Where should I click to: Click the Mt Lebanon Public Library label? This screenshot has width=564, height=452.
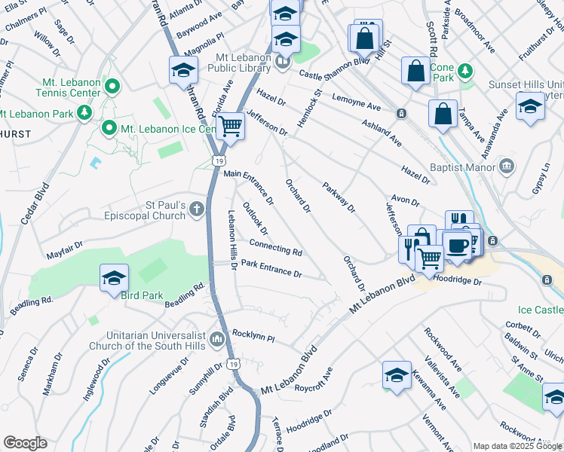click(x=244, y=63)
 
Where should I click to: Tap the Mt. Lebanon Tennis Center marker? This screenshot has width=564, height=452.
click(x=112, y=87)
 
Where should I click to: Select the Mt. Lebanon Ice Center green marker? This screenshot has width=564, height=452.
click(x=109, y=129)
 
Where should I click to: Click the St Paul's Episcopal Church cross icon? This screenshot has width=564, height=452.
click(x=197, y=209)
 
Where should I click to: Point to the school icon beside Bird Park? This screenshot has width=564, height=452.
click(x=114, y=277)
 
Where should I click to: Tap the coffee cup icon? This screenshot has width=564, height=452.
click(x=458, y=245)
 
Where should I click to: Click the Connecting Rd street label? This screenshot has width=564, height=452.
click(x=275, y=247)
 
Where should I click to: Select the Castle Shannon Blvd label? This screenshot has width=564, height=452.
click(x=333, y=69)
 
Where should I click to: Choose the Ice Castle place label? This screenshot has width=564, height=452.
click(x=540, y=310)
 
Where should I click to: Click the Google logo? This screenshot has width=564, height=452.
click(x=25, y=443)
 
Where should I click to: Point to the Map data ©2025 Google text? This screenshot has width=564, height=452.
click(x=516, y=446)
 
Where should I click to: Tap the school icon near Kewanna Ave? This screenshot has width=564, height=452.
click(x=397, y=374)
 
